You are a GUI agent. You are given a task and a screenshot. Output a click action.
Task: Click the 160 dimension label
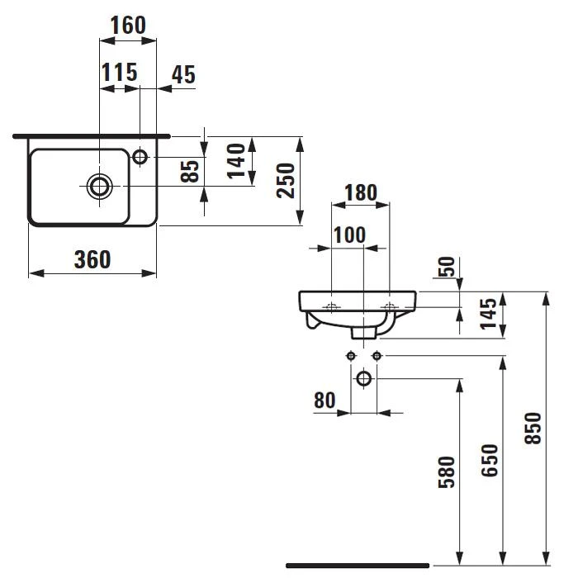pos(128,25)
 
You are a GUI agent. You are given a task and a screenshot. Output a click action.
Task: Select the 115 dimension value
pos(120,73)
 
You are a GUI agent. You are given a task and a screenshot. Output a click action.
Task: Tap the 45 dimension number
pos(183,74)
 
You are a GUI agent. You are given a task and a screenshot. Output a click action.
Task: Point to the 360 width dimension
pos(92,259)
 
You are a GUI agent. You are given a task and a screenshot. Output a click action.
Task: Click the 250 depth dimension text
pos(286,181)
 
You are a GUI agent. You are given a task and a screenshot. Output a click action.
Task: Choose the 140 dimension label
pos(236,161)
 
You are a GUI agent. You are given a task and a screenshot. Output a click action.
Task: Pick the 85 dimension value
pos(190,171)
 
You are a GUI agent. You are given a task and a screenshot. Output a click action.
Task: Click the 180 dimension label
pos(361,192)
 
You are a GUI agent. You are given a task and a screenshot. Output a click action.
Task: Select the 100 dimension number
pos(349,235)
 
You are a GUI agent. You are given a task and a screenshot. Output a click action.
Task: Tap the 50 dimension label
pos(447,267)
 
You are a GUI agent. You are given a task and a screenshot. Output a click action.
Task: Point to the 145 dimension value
pos(488,314)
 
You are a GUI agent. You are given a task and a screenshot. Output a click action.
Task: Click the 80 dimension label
pos(325,400)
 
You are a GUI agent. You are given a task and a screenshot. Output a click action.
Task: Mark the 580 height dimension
pos(447,472)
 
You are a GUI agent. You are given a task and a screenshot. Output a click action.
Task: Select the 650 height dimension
pos(490,460)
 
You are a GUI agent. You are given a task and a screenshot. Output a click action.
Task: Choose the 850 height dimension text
pos(533,428)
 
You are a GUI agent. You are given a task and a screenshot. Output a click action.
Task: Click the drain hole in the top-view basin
pos(100,186)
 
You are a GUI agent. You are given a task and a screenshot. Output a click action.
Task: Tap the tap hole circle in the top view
pos(140,157)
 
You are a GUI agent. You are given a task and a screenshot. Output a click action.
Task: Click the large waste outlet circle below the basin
pos(364,378)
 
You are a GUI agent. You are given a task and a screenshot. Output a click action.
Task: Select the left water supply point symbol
pos(351,356)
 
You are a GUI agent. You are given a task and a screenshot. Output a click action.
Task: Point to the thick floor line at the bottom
pos(358,566)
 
